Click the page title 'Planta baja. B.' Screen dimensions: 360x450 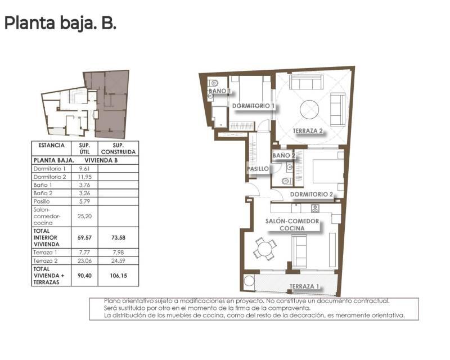60,23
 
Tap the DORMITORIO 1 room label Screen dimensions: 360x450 253,106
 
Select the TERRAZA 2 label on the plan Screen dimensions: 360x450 308,131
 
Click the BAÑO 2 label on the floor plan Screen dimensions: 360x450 284,155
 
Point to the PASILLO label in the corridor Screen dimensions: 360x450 258,168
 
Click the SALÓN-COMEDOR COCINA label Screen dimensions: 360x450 292,225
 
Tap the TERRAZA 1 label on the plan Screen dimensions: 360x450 304,286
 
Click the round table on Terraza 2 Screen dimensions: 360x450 310,109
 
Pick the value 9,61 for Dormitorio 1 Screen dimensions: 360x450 84,169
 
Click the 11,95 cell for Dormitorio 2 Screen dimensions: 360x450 84,177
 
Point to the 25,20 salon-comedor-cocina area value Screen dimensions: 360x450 84,215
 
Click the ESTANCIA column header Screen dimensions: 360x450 51,145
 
